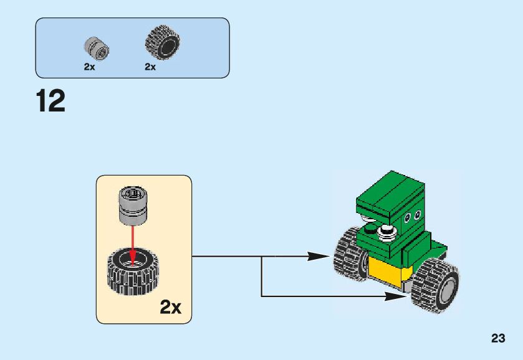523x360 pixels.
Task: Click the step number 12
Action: pos(50,101)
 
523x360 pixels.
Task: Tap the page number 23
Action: pos(498,338)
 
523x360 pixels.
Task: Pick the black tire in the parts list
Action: pos(163,42)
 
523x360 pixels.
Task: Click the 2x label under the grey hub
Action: pos(89,67)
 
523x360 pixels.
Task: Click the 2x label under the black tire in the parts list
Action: pos(150,67)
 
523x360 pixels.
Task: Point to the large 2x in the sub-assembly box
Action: pos(170,307)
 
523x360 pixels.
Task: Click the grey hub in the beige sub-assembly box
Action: pos(133,205)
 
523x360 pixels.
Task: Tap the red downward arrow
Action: pos(133,245)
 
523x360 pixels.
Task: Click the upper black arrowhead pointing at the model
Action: pos(318,257)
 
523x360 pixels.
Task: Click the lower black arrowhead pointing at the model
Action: pos(396,296)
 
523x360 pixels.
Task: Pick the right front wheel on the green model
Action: pos(435,285)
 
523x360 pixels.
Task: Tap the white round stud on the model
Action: pos(386,231)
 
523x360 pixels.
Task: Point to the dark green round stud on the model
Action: pos(370,229)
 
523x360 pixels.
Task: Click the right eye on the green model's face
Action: pos(417,215)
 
